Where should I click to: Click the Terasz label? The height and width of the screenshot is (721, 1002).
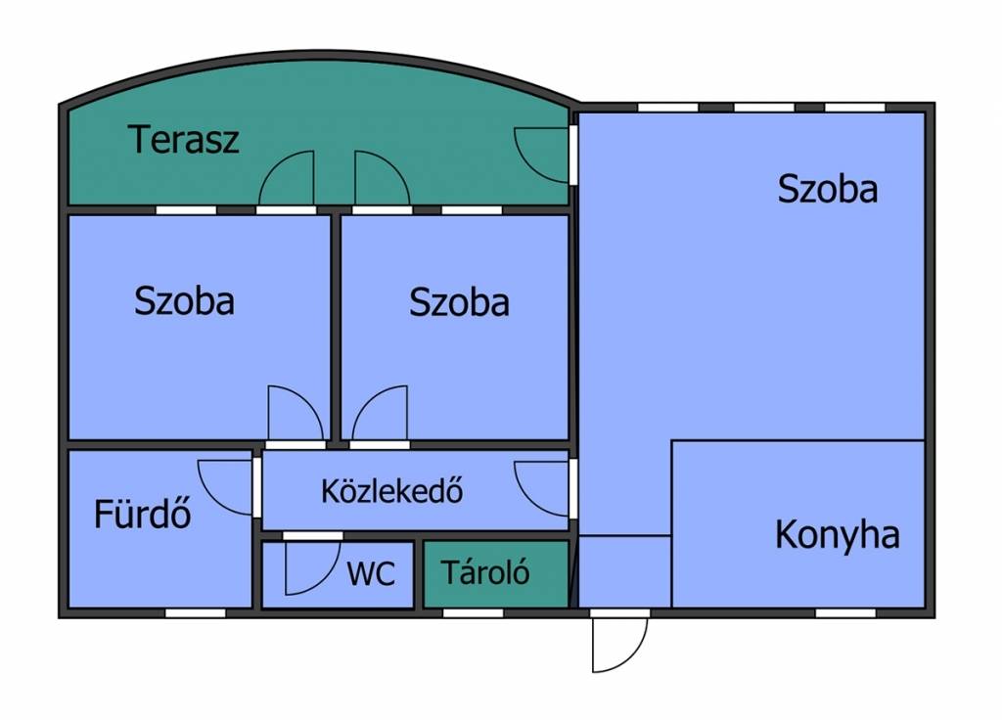coord(183,139)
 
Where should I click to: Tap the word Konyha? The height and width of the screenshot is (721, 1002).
coord(838,535)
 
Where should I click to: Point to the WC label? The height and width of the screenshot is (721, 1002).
coord(371,573)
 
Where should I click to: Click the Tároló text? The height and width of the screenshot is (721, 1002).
coord(485,572)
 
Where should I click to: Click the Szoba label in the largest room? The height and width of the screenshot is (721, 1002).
coord(828,189)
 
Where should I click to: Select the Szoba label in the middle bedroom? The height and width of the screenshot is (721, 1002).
coord(459,302)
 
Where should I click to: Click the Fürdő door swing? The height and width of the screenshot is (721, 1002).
coord(225,487)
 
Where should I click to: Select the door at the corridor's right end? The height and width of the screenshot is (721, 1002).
coord(541,488)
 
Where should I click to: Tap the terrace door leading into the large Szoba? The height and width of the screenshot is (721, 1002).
coord(541,156)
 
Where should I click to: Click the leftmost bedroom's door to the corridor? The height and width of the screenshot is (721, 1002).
coord(296,413)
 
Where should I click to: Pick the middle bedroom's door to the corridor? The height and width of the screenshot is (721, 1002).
coord(380,413)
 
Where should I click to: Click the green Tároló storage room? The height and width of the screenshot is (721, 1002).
coord(496,574)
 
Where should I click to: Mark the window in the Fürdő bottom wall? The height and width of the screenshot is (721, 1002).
coord(196,613)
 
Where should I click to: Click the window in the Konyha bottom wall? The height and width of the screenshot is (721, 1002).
coord(845,613)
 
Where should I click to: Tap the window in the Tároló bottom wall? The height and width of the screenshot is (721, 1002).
coord(473,613)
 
